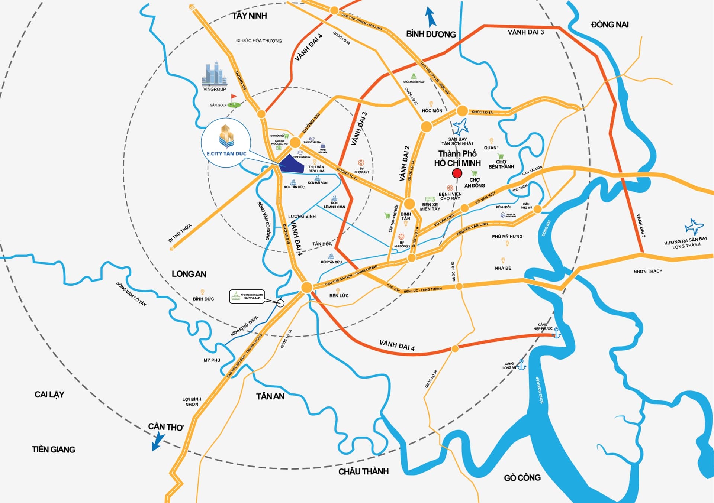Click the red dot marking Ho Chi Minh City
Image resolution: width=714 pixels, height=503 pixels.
point(457,173)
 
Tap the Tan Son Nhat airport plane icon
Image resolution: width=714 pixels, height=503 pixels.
point(460,127)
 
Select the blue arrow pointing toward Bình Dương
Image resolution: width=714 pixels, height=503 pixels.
point(431,17)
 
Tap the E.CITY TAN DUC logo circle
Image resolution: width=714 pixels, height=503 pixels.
point(226,143)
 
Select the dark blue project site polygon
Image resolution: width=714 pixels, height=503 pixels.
point(292,164)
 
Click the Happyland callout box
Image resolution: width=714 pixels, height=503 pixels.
point(247,296)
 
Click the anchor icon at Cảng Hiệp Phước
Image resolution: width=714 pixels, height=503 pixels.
point(556,332)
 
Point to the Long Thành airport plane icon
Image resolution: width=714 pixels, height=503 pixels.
point(694,227)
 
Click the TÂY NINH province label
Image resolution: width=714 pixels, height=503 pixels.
point(250,16)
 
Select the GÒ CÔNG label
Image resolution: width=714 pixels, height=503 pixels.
point(522,478)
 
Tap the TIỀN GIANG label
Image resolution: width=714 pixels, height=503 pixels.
point(54,450)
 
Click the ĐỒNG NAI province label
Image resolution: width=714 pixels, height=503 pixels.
point(610,25)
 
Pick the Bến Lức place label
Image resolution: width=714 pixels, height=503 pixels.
point(339,296)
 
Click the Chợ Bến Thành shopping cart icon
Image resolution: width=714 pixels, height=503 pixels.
point(501,156)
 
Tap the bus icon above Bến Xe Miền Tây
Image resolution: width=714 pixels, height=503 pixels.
point(430,199)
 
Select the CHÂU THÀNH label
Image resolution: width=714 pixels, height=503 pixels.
point(363,471)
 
